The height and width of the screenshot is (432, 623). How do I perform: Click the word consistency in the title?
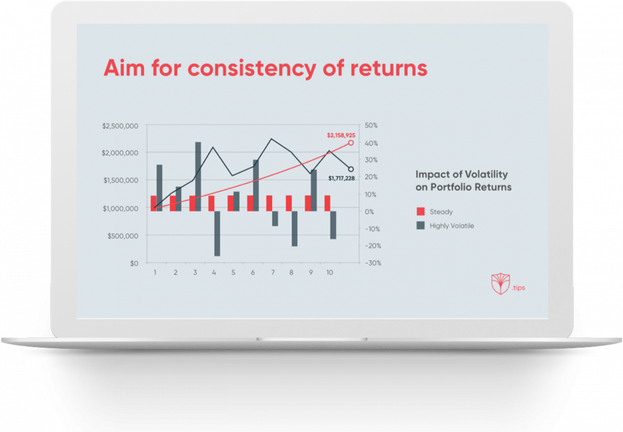click(x=252, y=68)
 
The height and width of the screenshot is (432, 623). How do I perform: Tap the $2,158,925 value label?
click(x=341, y=136)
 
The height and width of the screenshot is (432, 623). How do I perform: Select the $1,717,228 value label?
click(x=341, y=178)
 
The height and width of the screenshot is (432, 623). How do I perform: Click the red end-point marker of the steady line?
click(x=351, y=143)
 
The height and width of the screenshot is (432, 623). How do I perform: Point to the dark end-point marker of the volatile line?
click(x=351, y=169)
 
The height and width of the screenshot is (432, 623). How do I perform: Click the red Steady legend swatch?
click(x=421, y=211)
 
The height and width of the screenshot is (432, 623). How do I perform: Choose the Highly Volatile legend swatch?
click(x=421, y=226)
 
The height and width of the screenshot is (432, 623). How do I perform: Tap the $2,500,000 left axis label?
click(x=120, y=126)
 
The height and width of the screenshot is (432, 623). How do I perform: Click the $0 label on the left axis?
click(x=134, y=263)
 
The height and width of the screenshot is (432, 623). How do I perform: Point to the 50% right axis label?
click(x=371, y=125)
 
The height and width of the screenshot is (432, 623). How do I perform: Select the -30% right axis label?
click(x=373, y=263)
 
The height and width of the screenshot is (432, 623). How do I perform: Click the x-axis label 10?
click(x=330, y=272)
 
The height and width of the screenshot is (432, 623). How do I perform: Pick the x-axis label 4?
click(x=214, y=272)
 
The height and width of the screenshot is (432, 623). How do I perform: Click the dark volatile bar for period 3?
click(x=198, y=176)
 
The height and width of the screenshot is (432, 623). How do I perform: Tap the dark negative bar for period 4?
click(x=217, y=234)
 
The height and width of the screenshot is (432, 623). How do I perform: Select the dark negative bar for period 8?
click(x=295, y=229)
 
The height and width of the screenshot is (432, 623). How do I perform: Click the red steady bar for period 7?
click(x=269, y=203)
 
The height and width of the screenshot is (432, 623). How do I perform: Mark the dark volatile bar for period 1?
click(x=160, y=188)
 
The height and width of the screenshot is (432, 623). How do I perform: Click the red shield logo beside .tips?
click(x=500, y=283)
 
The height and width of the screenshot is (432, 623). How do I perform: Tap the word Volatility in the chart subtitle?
click(x=486, y=174)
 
